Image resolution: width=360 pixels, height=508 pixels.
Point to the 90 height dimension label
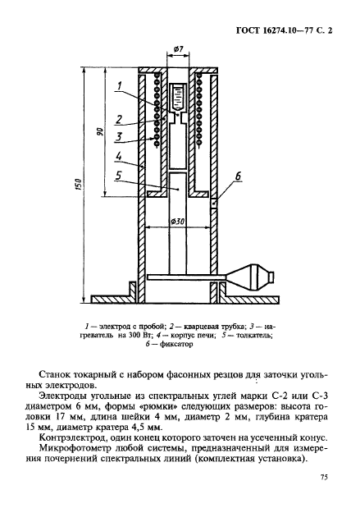point(98,133)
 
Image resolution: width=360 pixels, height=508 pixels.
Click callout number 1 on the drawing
point(119,86)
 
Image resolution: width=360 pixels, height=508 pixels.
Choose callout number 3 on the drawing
point(119,136)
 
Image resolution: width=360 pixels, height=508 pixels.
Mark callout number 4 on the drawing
point(119,156)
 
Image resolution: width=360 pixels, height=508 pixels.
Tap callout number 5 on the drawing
point(119,176)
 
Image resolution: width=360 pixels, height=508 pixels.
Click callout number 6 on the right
point(239,176)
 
